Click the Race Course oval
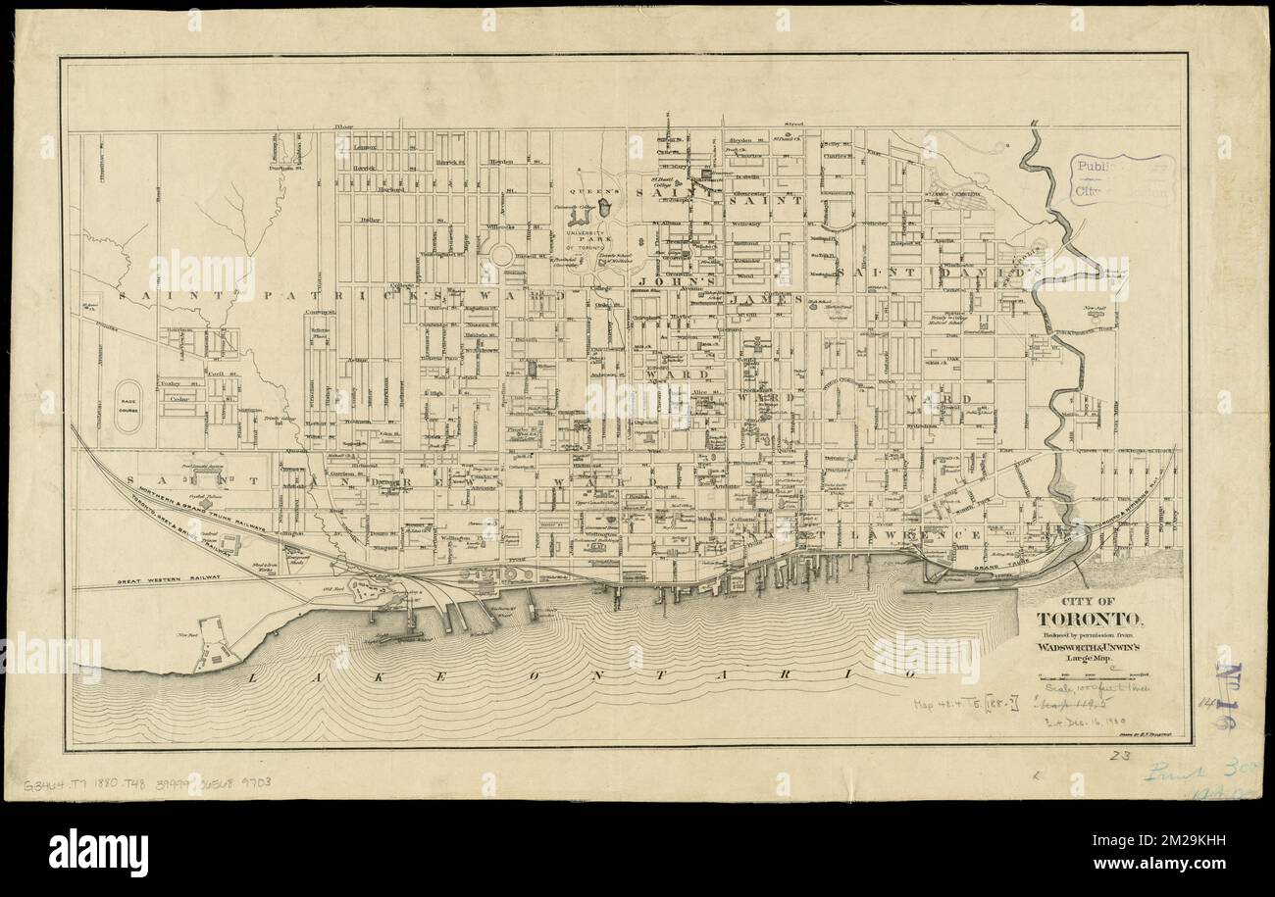pos(129,400)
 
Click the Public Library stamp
pos(1122,177)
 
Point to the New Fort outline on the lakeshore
pos(212,643)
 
